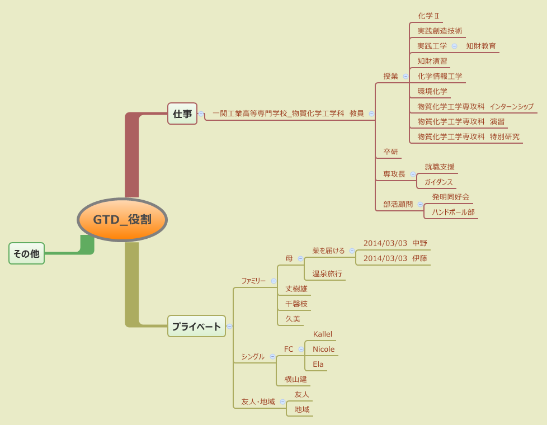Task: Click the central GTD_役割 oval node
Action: click(122, 220)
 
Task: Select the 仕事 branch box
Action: click(182, 114)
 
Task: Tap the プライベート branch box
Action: click(196, 326)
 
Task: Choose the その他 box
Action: click(26, 253)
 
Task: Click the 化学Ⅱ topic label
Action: click(428, 16)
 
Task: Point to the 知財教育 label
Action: click(481, 46)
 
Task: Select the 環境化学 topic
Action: click(432, 91)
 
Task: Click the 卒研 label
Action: click(390, 152)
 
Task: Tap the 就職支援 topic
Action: click(440, 167)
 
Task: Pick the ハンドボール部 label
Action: click(453, 212)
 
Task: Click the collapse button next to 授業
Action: click(405, 76)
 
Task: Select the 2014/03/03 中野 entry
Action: click(395, 243)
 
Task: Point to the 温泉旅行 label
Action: click(327, 273)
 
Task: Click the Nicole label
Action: click(323, 349)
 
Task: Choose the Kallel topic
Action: click(322, 334)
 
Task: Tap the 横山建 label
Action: click(295, 379)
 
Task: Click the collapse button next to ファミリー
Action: click(273, 281)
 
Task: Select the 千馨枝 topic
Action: click(296, 304)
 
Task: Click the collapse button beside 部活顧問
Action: click(420, 205)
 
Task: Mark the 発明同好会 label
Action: click(450, 197)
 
